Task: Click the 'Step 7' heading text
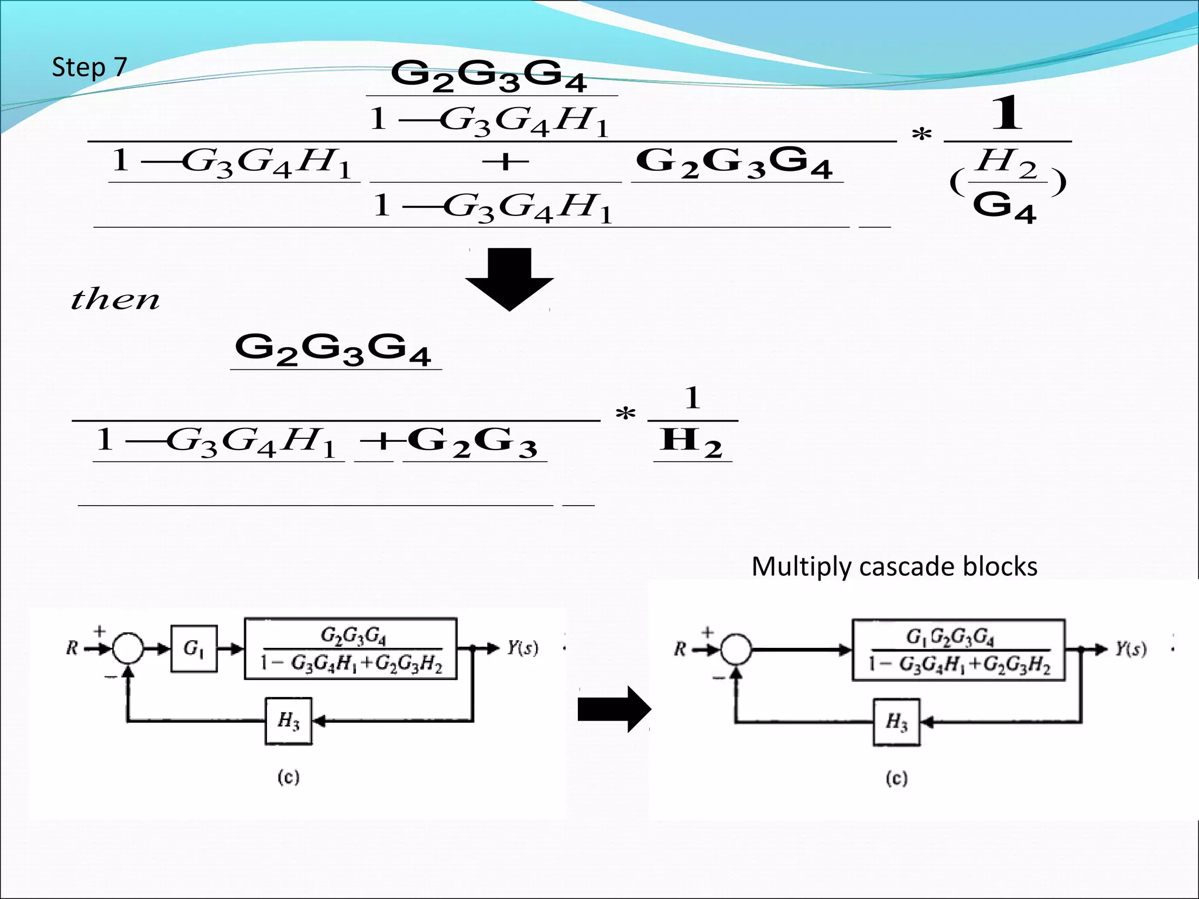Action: [x=89, y=67]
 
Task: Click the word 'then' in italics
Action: [x=115, y=299]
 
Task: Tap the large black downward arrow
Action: [x=509, y=279]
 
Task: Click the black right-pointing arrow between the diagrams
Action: [x=614, y=709]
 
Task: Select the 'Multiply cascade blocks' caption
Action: [x=894, y=567]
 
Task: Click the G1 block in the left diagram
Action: [x=194, y=648]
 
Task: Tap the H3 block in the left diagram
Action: [x=288, y=721]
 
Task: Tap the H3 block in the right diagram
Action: [x=896, y=722]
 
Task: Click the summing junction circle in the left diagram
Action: [x=128, y=648]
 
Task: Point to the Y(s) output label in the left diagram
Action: [x=522, y=648]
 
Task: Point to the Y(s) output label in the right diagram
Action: [x=1131, y=649]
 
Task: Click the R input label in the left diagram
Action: [x=72, y=648]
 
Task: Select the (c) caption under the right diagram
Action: [x=896, y=778]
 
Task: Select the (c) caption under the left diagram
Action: [x=288, y=777]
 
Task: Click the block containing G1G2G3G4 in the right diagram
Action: [x=958, y=650]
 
